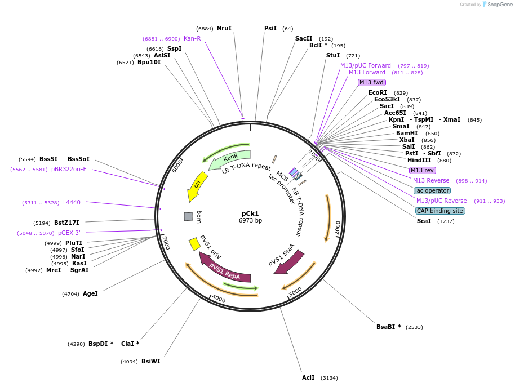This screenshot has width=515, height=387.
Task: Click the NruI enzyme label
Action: (x=224, y=28)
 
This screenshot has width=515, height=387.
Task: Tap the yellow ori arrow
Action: (x=197, y=186)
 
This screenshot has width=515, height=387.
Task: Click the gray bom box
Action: (x=188, y=216)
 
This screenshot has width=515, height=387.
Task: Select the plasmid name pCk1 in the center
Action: (x=250, y=213)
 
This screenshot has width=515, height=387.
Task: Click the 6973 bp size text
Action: (x=250, y=220)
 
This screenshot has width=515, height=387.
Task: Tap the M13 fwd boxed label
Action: (x=371, y=82)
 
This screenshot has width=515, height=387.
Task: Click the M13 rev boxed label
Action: (x=422, y=170)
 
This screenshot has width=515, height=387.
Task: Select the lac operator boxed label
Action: (x=432, y=190)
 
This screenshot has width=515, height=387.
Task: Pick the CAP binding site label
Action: (x=440, y=211)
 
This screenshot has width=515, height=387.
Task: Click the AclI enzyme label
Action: (x=308, y=377)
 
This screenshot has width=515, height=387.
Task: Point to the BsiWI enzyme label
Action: (x=150, y=361)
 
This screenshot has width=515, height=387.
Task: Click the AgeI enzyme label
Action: (x=90, y=293)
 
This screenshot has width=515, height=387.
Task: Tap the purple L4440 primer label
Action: (x=72, y=202)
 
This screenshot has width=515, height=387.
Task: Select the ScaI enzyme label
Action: (x=424, y=221)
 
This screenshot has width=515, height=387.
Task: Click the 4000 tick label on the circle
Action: (x=219, y=299)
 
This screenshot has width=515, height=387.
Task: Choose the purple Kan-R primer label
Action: (x=192, y=38)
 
